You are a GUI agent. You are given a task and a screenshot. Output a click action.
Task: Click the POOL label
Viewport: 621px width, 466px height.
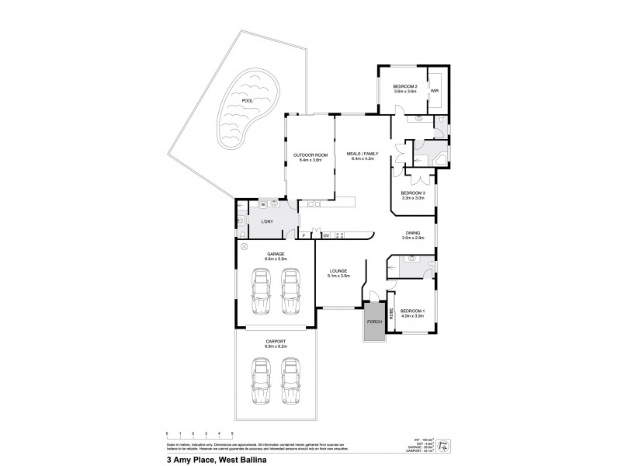click(247, 100)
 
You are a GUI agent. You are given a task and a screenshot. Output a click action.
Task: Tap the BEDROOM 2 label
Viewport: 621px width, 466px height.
click(405, 85)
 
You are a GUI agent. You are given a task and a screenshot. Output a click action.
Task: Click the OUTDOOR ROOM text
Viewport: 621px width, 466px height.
click(310, 155)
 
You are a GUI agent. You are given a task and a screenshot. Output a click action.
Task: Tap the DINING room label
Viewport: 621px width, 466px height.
click(412, 233)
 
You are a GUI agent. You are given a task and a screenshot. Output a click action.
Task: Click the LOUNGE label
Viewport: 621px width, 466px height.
click(339, 270)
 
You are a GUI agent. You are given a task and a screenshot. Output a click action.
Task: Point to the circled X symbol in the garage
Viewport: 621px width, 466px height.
click(245, 246)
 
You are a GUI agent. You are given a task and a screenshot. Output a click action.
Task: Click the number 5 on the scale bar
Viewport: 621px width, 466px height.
click(232, 432)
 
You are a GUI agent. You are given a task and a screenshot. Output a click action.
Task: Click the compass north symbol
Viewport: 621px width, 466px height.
click(442, 445)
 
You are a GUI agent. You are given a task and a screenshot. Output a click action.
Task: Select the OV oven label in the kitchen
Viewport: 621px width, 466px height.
click(326, 235)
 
